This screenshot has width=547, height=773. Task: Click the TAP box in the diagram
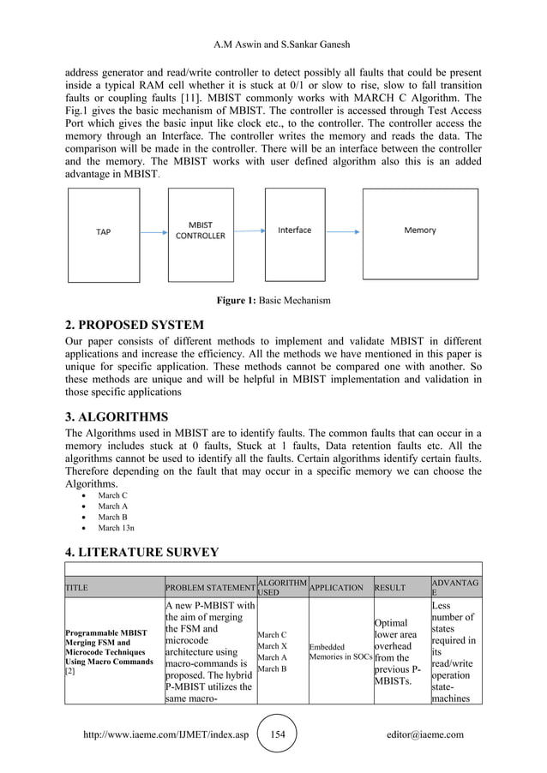[103, 231]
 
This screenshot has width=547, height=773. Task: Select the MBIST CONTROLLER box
[201, 231]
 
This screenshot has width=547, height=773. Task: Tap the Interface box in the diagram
[294, 231]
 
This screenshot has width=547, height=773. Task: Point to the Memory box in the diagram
[419, 231]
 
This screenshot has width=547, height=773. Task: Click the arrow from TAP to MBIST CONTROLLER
[152, 231]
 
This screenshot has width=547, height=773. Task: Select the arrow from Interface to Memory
[343, 231]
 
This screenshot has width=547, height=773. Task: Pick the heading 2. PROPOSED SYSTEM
[135, 325]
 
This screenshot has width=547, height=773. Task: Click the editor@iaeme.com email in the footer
[425, 734]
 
